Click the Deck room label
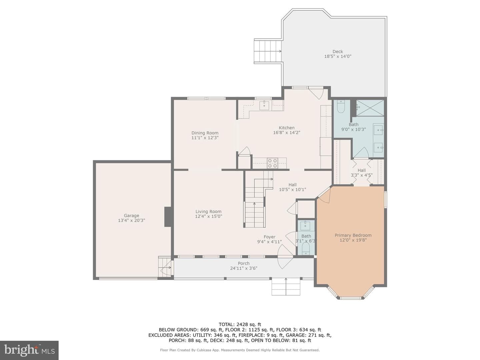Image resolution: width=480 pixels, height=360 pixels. click(x=337, y=52)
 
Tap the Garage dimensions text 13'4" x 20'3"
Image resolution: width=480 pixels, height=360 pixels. click(x=131, y=220)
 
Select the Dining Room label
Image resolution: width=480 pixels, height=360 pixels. click(x=205, y=133)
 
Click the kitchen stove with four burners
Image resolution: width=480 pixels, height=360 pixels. click(x=272, y=163)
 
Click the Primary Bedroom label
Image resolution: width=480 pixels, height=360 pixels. click(x=353, y=235)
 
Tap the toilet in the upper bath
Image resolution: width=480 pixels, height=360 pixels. click(x=340, y=106)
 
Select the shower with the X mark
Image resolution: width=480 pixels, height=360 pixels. click(x=370, y=108)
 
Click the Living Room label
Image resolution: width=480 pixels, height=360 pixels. click(x=208, y=211)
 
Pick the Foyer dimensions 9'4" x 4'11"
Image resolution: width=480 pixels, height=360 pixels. click(x=269, y=242)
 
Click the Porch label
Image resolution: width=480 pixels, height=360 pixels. click(x=244, y=263)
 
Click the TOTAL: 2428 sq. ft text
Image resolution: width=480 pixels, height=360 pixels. click(x=240, y=324)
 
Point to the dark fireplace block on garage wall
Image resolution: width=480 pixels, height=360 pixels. click(x=168, y=217)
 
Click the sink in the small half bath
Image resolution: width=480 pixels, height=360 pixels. click(x=305, y=226)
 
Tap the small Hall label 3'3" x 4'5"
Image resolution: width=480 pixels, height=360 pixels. click(x=361, y=173)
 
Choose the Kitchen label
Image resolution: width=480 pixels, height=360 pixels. click(x=286, y=128)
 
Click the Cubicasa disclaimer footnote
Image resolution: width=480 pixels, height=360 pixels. click(x=240, y=350)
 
